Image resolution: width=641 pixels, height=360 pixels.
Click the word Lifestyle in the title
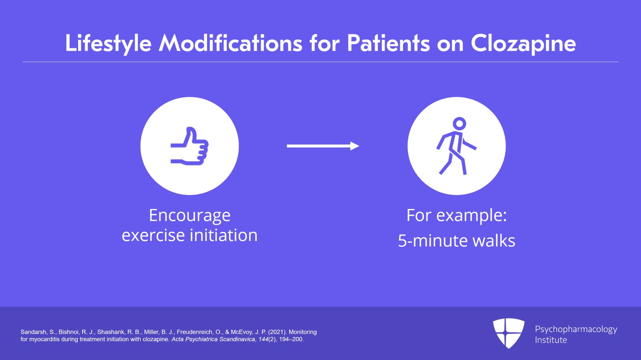[x=108, y=43]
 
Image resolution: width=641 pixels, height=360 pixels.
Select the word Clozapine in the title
[x=523, y=43]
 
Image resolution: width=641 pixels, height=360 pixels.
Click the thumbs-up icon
[x=189, y=146]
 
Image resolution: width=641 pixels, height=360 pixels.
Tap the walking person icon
[x=456, y=146]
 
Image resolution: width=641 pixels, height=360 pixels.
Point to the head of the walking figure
[x=459, y=123]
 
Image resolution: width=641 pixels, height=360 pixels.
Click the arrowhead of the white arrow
[x=355, y=146]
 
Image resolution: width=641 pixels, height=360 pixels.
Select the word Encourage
[x=189, y=215]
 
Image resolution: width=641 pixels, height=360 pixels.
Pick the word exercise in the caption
[x=153, y=235]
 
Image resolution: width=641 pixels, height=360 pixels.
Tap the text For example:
[x=456, y=215]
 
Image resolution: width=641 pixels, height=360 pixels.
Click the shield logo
[x=508, y=333]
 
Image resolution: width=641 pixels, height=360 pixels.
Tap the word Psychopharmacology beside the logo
[x=576, y=329]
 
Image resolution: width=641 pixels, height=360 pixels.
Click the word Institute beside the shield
[x=551, y=340]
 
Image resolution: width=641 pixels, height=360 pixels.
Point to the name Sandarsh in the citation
[x=33, y=332]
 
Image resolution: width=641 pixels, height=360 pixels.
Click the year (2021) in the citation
[x=277, y=332]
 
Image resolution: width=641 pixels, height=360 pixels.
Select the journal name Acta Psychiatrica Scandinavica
[x=213, y=339]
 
